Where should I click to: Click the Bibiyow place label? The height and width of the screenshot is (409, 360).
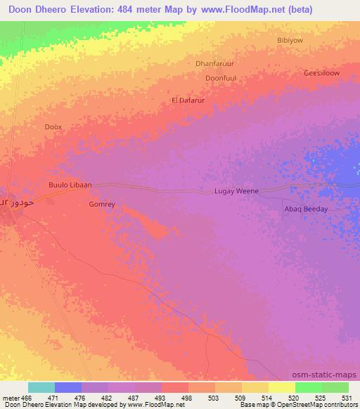click(290, 40)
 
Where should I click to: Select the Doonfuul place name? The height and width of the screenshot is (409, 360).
click(220, 78)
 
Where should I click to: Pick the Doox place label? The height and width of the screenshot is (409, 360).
click(53, 127)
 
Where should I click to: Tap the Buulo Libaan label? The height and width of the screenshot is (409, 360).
click(70, 185)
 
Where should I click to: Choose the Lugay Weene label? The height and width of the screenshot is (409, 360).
click(236, 191)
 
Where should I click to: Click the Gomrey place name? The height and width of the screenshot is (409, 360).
click(102, 204)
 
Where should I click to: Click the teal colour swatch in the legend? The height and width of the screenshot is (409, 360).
click(41, 387)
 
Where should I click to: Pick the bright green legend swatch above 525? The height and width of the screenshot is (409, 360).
click(308, 387)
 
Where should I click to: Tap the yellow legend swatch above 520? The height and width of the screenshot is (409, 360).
click(281, 387)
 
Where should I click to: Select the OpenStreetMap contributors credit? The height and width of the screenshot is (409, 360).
click(323, 405)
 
